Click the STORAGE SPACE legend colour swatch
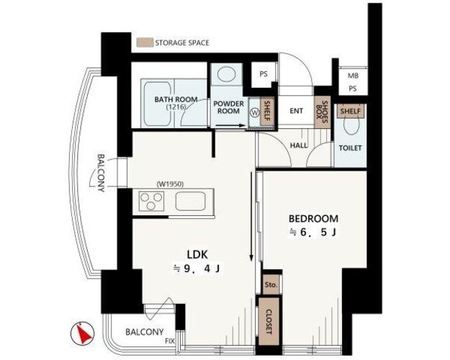pyautogui.click(x=145, y=42)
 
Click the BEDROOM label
pyautogui.click(x=313, y=218)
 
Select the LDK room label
pyautogui.click(x=197, y=254)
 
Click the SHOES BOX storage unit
pyautogui.click(x=323, y=112)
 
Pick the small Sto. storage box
pyautogui.click(x=271, y=285)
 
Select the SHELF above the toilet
pyautogui.click(x=351, y=111)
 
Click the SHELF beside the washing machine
pyautogui.click(x=267, y=112)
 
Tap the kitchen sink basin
pyautogui.click(x=190, y=201)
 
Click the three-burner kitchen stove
pyautogui.click(x=151, y=201)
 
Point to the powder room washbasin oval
pyautogui.click(x=226, y=74)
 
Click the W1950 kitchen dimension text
pyautogui.click(x=170, y=184)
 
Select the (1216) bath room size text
pyautogui.click(x=176, y=107)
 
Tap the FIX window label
pyautogui.click(x=170, y=341)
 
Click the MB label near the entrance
pyautogui.click(x=353, y=76)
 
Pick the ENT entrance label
pyautogui.click(x=296, y=111)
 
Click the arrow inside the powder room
pyautogui.click(x=230, y=125)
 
